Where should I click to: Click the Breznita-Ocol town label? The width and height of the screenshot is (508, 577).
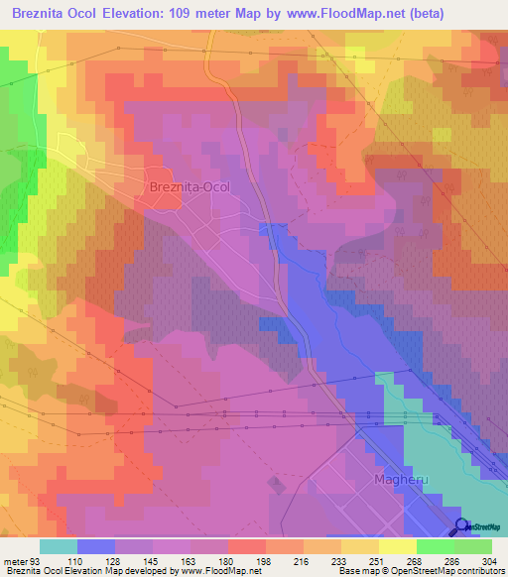click(189, 185)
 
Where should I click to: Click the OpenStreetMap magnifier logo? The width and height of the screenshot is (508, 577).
click(461, 525)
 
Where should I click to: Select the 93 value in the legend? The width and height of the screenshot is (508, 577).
click(40, 560)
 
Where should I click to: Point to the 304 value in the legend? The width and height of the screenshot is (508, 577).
click(490, 560)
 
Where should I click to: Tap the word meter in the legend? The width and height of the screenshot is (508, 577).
click(16, 560)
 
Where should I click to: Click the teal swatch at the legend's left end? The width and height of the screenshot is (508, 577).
click(59, 546)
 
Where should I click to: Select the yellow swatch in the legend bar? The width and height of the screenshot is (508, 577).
click(398, 546)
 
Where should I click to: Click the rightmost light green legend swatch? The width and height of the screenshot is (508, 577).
click(473, 546)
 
